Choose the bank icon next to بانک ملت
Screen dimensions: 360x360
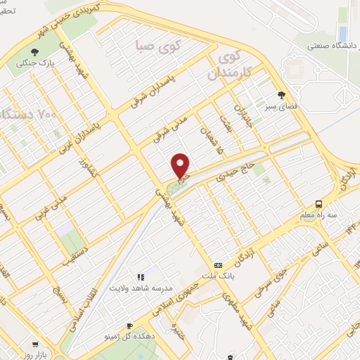[x=218, y=265]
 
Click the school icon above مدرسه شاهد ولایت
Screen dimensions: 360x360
[x=140, y=277]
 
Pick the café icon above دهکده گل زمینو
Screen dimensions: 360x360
[x=129, y=326]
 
